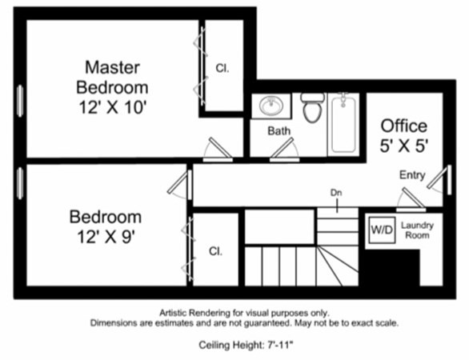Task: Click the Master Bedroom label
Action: point(112,77)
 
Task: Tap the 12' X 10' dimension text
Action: point(112,106)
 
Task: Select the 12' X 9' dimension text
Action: point(105,238)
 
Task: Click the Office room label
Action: point(403,126)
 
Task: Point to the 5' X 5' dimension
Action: point(404,146)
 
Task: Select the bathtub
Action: point(343,122)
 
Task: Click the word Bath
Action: point(279,130)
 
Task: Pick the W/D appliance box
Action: point(381,230)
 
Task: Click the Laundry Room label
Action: point(417,230)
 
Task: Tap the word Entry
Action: point(412,175)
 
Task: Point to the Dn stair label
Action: point(336,193)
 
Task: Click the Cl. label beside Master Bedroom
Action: point(222,69)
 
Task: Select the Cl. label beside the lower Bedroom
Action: point(214,251)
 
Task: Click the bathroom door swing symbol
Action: point(285,150)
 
